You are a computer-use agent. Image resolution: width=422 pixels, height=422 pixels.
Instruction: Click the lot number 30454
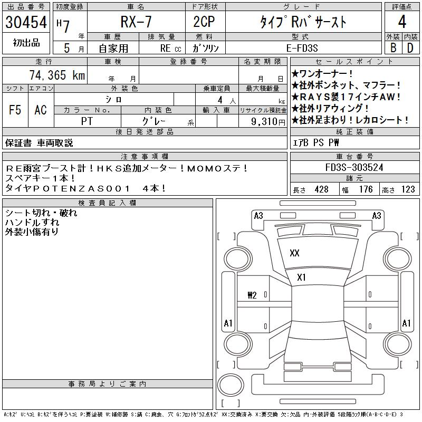coord(26,22)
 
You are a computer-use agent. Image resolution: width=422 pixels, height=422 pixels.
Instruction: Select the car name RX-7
coord(136,22)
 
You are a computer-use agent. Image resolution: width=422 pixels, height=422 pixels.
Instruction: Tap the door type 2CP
coord(204,22)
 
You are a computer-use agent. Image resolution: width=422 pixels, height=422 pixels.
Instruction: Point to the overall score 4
coord(402,22)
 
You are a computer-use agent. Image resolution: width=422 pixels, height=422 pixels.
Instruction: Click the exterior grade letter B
coord(394,48)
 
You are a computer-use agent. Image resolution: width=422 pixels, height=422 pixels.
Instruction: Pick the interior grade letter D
coord(410,48)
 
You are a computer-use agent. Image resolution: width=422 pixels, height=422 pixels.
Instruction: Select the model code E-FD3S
coord(302,48)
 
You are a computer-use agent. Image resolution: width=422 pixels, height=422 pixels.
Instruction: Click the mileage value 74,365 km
coord(57,75)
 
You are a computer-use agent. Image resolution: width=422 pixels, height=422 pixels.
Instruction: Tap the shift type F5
coord(15,110)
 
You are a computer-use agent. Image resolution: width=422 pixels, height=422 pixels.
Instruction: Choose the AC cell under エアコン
coord(41,110)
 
